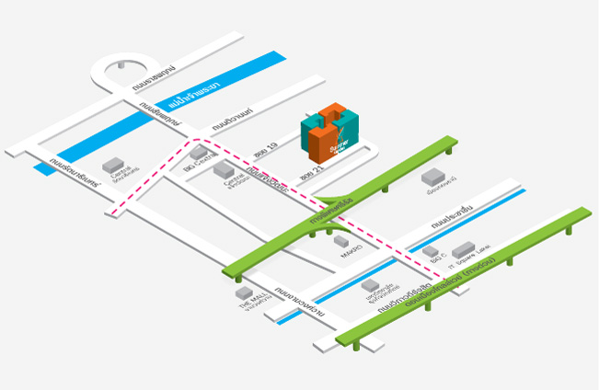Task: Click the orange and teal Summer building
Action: pyautogui.click(x=328, y=134)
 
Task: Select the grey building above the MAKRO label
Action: pyautogui.click(x=340, y=240)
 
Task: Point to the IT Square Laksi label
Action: pyautogui.click(x=470, y=258)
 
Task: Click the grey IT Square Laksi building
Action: pyautogui.click(x=463, y=248)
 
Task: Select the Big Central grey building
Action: pyautogui.click(x=199, y=153)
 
